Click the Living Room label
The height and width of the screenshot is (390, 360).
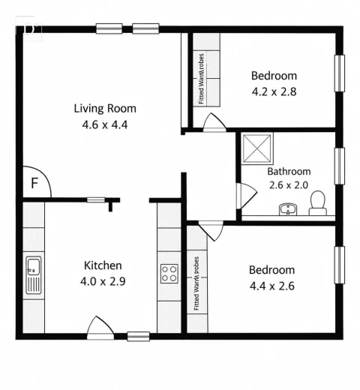pos(105,109)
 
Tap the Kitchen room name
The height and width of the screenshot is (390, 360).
pos(103,265)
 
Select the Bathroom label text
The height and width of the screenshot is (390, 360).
pos(289,172)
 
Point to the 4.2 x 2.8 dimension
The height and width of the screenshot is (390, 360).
pos(274,91)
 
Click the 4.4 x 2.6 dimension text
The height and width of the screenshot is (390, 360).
pos(272,286)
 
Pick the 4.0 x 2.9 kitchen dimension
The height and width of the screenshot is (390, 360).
pos(103,281)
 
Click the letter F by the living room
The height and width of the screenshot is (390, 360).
pos(34,183)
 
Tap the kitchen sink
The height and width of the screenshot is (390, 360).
pos(34,275)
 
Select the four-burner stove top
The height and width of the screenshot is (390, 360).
pos(169,274)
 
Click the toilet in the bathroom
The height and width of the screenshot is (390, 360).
pos(318,203)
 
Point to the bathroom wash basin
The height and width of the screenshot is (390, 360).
pos(288,209)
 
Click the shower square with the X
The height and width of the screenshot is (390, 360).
pos(257,148)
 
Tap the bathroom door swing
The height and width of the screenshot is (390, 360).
pos(247,196)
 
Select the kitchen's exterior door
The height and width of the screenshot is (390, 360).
pos(100,328)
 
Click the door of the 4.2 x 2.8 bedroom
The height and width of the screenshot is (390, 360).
pos(214,123)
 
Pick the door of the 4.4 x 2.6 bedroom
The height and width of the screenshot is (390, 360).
pos(211,230)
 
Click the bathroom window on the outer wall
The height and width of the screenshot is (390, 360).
pos(340,166)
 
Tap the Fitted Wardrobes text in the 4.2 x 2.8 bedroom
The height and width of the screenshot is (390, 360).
pos(201,79)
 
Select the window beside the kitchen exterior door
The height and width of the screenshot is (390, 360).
pos(139,336)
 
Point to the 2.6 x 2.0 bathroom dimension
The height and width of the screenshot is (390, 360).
pos(289,185)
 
